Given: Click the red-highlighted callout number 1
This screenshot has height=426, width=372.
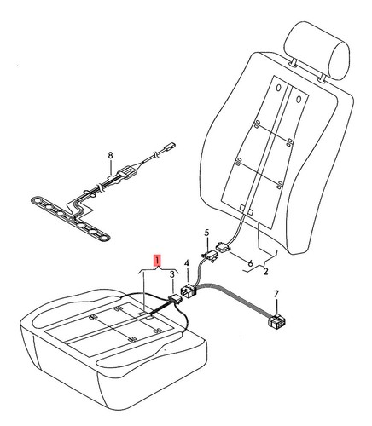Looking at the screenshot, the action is pyautogui.click(x=158, y=260).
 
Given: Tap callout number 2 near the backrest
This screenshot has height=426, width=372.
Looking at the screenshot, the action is pyautogui.click(x=265, y=272).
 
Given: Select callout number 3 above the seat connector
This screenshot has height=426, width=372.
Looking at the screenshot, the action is pyautogui.click(x=172, y=274).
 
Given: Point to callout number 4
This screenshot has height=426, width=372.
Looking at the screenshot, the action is pyautogui.click(x=187, y=263).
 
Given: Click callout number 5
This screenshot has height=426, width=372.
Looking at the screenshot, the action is pyautogui.click(x=206, y=233).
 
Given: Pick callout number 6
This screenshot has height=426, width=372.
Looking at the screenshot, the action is pyautogui.click(x=250, y=263).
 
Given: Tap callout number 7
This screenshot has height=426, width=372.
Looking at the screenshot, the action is pyautogui.click(x=276, y=294).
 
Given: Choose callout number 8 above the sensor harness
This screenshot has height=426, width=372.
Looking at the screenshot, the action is pyautogui.click(x=110, y=155).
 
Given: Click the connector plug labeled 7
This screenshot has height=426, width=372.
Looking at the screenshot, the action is pyautogui.click(x=276, y=322).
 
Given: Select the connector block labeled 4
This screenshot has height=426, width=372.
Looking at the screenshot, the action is pyautogui.click(x=189, y=291).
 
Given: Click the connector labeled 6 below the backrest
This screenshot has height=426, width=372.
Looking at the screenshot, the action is pyautogui.click(x=224, y=246).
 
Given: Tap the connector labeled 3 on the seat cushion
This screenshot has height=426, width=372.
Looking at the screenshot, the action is pyautogui.click(x=175, y=299).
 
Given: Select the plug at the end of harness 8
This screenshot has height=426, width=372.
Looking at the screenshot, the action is pyautogui.click(x=168, y=147).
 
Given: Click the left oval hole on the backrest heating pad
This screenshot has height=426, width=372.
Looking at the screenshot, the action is pyautogui.click(x=279, y=88).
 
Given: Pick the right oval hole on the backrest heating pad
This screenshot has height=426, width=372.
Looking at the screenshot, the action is pyautogui.click(x=299, y=100).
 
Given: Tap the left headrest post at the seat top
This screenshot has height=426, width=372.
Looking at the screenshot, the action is pyautogui.click(x=294, y=63).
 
